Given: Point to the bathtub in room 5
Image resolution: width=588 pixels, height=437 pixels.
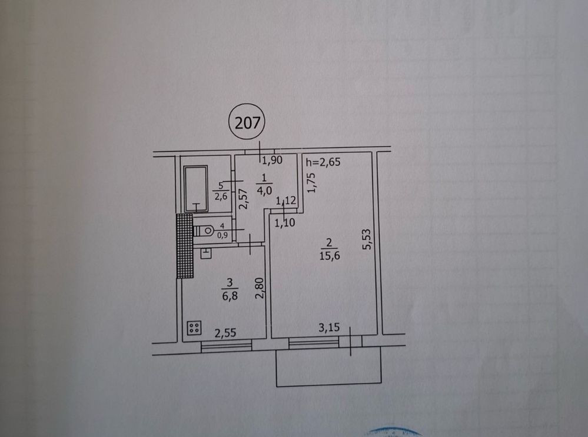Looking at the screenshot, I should (x=195, y=189).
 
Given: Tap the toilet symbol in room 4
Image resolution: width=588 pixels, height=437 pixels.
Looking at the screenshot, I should (x=203, y=230).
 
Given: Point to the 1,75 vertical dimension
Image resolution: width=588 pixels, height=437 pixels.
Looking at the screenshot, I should (x=313, y=182).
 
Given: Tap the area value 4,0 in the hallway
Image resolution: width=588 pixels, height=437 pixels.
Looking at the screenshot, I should (x=264, y=189).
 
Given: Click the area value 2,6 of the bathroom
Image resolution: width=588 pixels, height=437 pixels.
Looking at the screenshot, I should (x=221, y=196).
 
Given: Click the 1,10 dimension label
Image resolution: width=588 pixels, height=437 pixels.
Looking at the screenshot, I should (x=283, y=222).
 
